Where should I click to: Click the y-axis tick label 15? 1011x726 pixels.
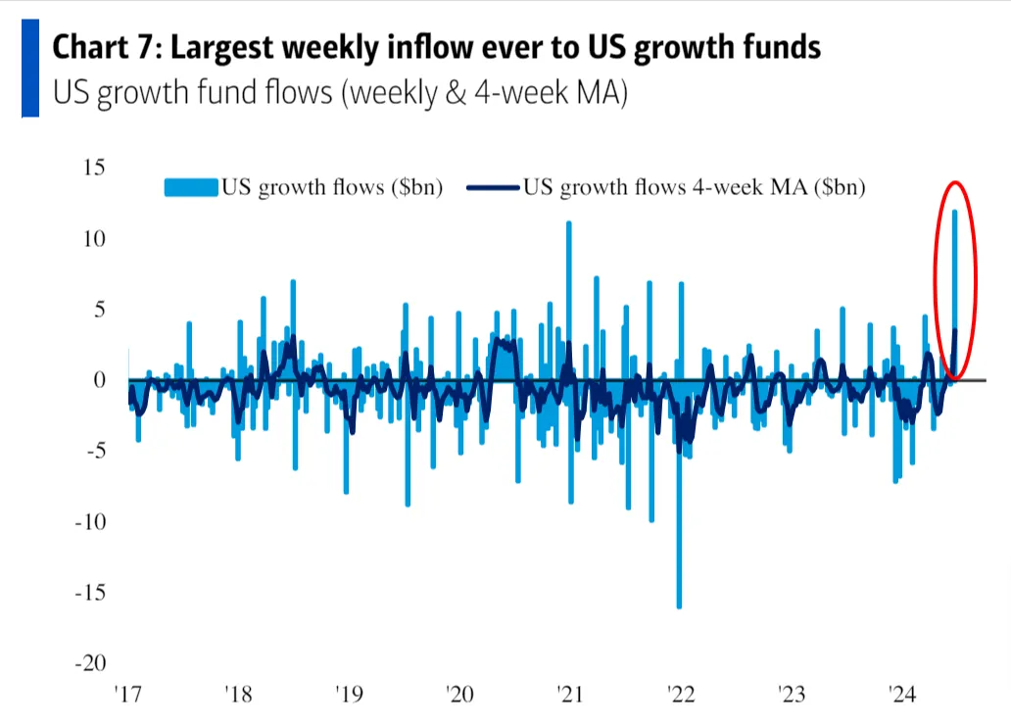coord(93,168)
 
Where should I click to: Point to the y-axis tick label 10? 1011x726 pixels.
coord(93,238)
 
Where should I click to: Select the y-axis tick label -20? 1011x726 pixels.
coord(89,663)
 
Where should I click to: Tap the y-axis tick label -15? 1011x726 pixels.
coord(89,593)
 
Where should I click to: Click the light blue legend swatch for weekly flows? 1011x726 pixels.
coord(190,186)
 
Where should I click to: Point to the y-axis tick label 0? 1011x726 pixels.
coord(99,380)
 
